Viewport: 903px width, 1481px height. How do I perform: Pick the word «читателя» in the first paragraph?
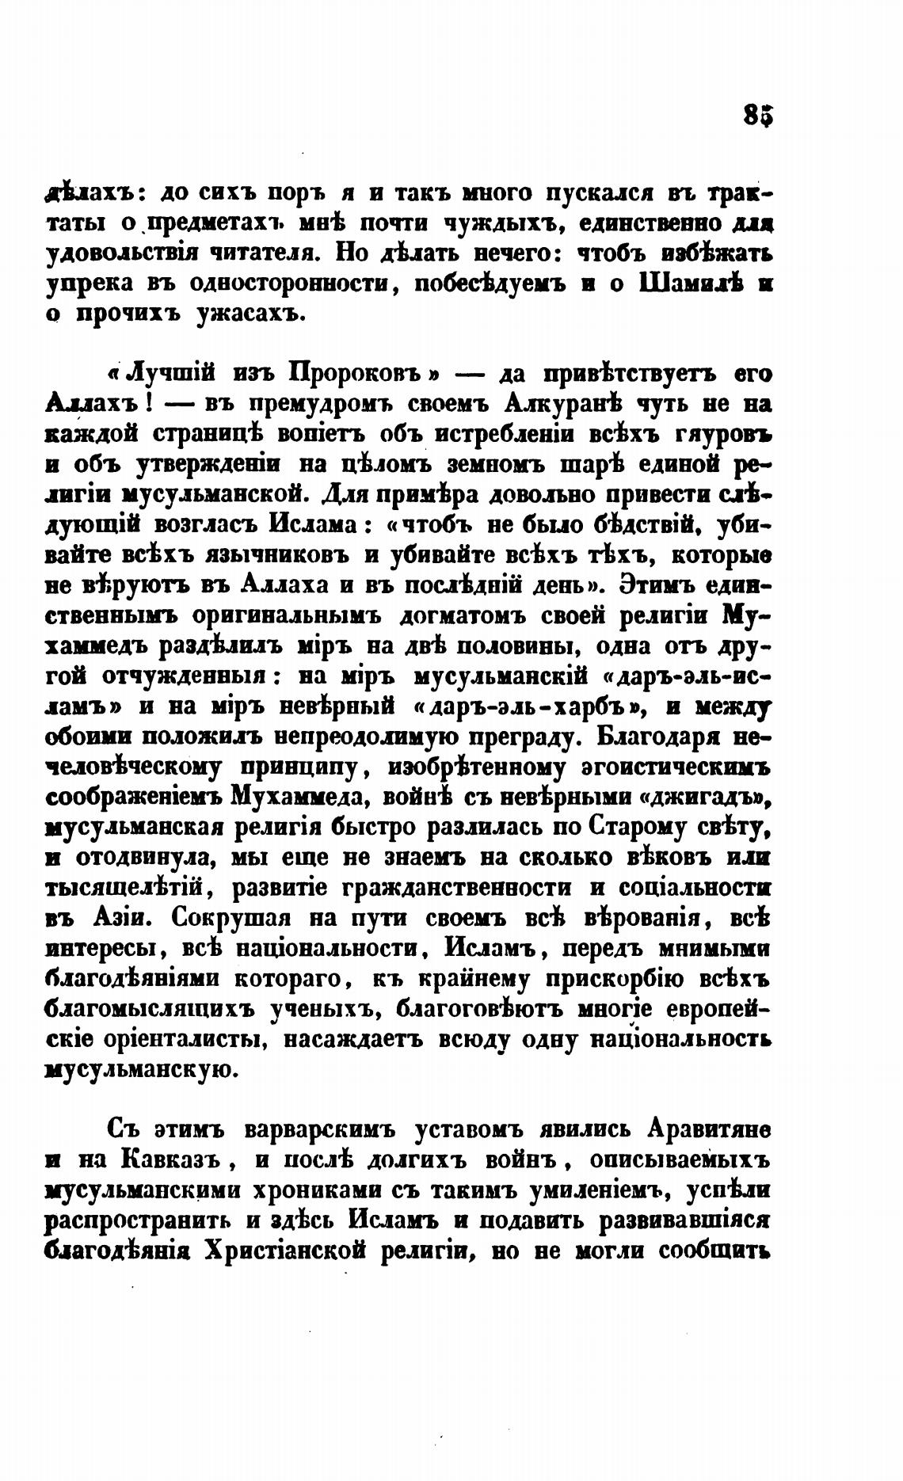[257, 254]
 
